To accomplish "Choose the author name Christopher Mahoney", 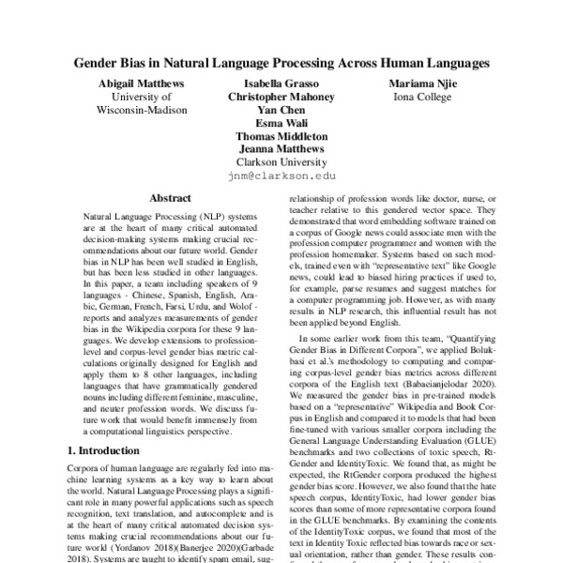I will (x=281, y=97).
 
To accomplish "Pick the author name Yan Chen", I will (x=281, y=110).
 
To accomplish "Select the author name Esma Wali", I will (x=281, y=122).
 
